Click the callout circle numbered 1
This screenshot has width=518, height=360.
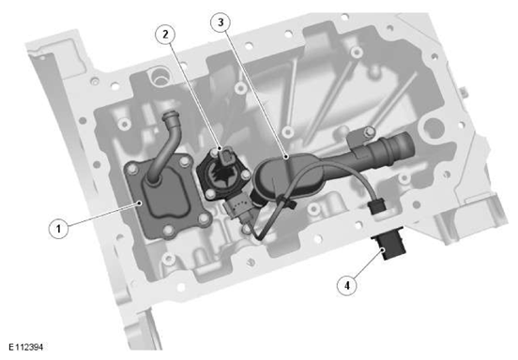tap(59, 229)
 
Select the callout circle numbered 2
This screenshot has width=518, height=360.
tap(165, 34)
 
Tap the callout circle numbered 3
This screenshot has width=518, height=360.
tap(221, 22)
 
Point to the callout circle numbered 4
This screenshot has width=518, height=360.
tap(347, 285)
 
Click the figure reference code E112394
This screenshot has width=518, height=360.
tap(25, 347)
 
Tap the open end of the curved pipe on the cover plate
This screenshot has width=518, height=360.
tap(170, 116)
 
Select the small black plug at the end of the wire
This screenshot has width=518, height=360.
tap(376, 206)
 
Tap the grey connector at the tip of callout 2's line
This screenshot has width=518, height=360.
tap(225, 155)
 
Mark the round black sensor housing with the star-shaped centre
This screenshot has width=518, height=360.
tap(223, 175)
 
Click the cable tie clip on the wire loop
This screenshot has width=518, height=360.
tap(286, 202)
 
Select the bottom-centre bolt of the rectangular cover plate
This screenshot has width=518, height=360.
tap(169, 230)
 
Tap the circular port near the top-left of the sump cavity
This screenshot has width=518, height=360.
tap(159, 76)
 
